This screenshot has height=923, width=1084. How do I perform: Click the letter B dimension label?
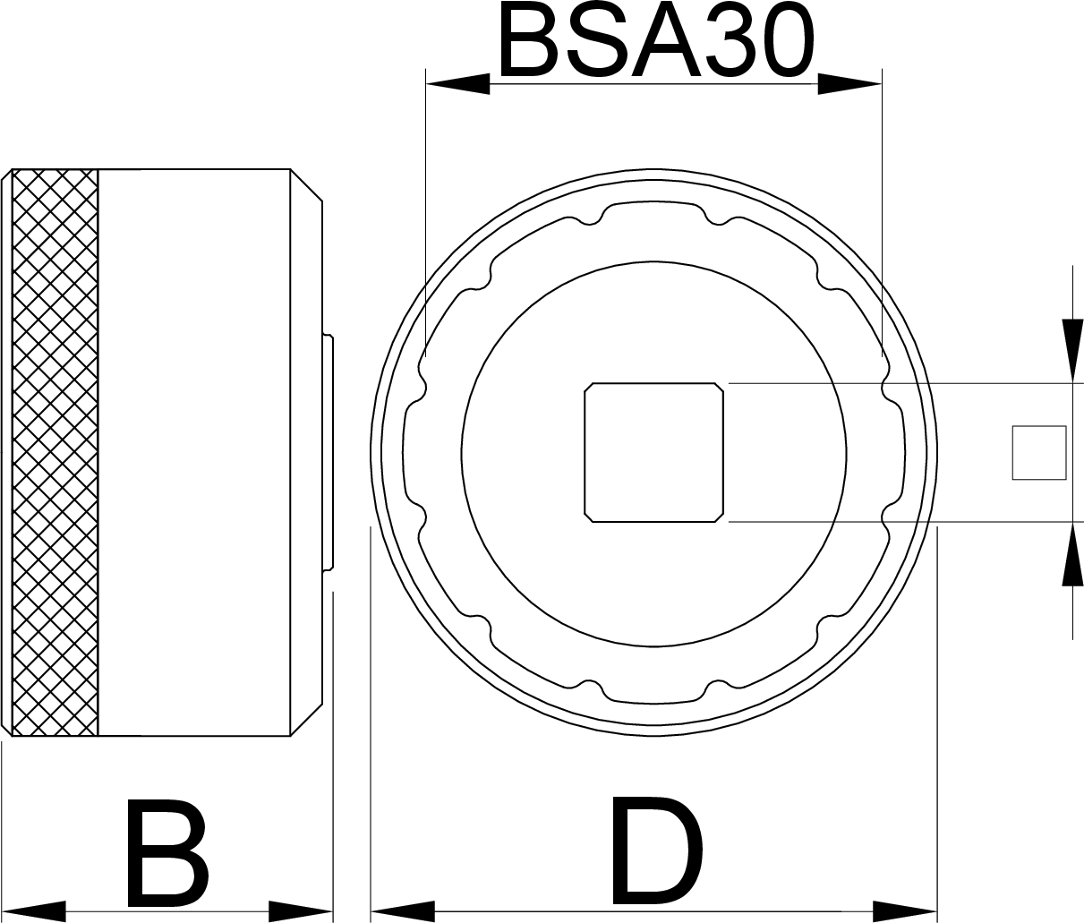point(167,853)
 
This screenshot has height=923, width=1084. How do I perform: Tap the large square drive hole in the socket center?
point(653,452)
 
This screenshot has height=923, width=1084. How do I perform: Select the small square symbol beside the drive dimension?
point(1038,452)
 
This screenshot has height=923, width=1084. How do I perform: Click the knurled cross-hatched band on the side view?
point(54,452)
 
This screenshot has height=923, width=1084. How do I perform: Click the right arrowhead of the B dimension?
point(302,911)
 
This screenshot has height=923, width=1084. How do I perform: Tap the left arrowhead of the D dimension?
point(402,911)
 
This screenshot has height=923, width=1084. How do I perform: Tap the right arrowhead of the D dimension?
point(906,911)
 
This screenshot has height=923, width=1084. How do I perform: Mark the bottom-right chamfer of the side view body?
point(306,720)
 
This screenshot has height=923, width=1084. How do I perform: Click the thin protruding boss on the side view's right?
point(329,452)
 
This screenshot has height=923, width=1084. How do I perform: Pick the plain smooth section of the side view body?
point(192,452)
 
